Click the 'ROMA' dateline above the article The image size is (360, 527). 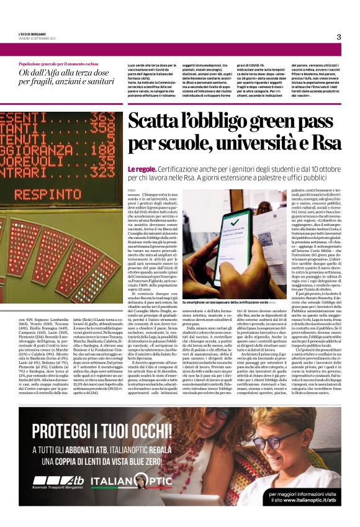pyautogui.click(x=131, y=189)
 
